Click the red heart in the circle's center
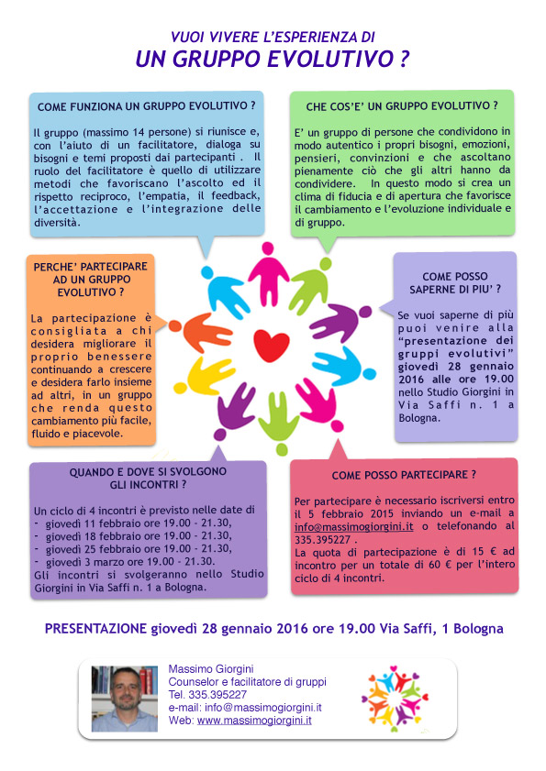point(272,345)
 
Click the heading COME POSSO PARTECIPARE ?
point(404,476)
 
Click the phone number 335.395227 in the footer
point(216,695)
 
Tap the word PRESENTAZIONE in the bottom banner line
point(96,629)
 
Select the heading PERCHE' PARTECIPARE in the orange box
point(84,265)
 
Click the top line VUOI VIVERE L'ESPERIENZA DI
point(273,38)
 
